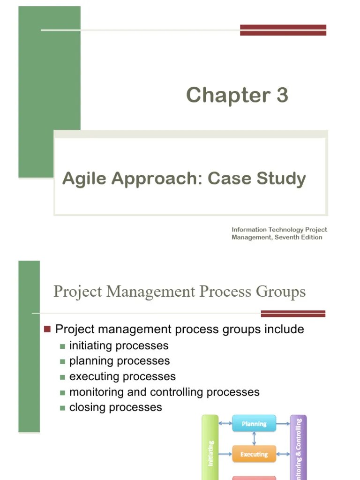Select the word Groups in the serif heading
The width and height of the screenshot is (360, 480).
tap(280, 292)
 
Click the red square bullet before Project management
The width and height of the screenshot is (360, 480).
tap(47, 329)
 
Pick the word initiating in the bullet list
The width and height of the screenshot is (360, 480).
tap(90, 346)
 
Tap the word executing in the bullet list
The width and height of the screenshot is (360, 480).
tap(92, 376)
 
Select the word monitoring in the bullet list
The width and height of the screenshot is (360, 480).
tap(96, 392)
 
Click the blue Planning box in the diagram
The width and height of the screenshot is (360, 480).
tap(254, 424)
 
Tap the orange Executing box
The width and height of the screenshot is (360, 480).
tap(254, 454)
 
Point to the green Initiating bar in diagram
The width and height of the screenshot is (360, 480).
tap(210, 450)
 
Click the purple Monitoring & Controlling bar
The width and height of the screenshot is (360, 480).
tap(298, 448)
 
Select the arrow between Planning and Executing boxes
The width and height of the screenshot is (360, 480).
tap(254, 439)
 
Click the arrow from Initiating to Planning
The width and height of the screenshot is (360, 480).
tap(225, 424)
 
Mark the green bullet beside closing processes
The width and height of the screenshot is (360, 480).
tap(62, 408)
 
